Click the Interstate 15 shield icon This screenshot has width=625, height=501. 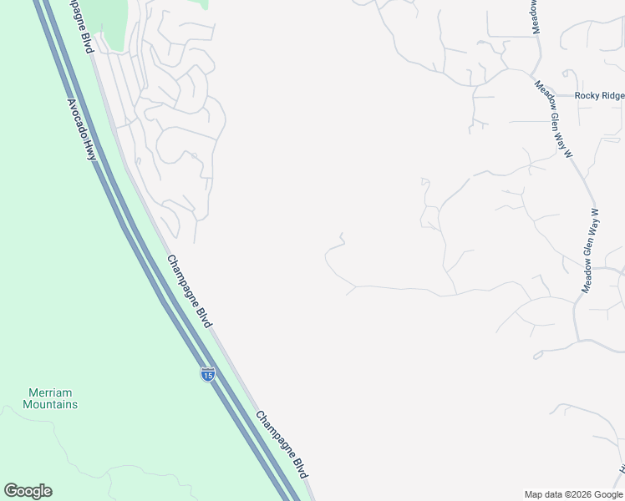pos(208,375)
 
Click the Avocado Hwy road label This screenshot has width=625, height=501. pos(83,130)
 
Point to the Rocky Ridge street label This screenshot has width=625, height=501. pos(600,96)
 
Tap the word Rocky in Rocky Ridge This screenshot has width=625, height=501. pos(588,96)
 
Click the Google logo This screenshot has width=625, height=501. pos(28,491)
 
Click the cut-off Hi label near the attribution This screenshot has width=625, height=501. pos(622,472)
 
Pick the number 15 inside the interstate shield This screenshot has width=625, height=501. pos(208,377)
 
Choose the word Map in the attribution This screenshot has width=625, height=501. pos(534,494)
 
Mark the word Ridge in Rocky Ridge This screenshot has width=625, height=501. pos(612,96)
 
